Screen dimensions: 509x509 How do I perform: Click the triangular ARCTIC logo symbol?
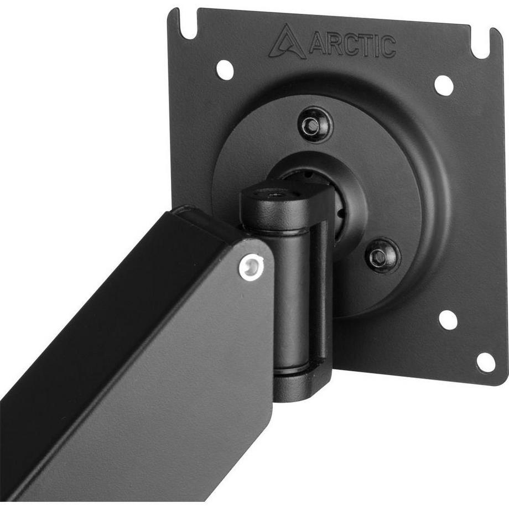(288, 41)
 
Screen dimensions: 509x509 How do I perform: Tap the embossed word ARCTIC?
(352, 45)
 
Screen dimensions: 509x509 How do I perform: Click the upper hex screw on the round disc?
(315, 124)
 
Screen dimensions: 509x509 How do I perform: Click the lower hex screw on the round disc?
(381, 254)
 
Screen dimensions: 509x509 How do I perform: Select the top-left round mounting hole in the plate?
(224, 69)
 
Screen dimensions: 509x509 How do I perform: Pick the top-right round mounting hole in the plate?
(443, 85)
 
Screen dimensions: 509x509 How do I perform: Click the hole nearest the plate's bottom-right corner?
(485, 362)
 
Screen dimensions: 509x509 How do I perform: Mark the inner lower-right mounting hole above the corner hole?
(448, 320)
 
